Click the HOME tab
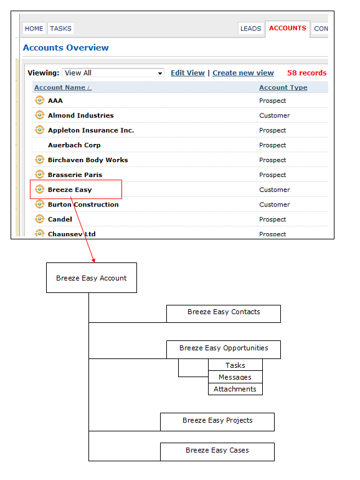coord(34,29)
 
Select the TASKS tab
coord(60,29)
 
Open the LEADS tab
coord(251,29)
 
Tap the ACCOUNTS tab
coord(288,28)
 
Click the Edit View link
coord(187,73)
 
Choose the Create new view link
coord(243,73)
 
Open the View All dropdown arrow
coord(159,73)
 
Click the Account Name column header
coord(60,87)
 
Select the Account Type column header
coord(283,87)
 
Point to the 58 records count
coord(306,73)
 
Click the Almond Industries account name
coord(81,115)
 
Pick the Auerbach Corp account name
coord(74,145)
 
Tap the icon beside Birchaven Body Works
coord(39,160)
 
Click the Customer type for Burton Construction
coord(274,204)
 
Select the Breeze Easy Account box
coord(92,277)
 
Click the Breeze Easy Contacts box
coord(223,314)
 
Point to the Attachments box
coord(235,389)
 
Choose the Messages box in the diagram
coord(235,377)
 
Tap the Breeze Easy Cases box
coord(217,452)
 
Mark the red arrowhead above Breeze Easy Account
coord(93,261)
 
